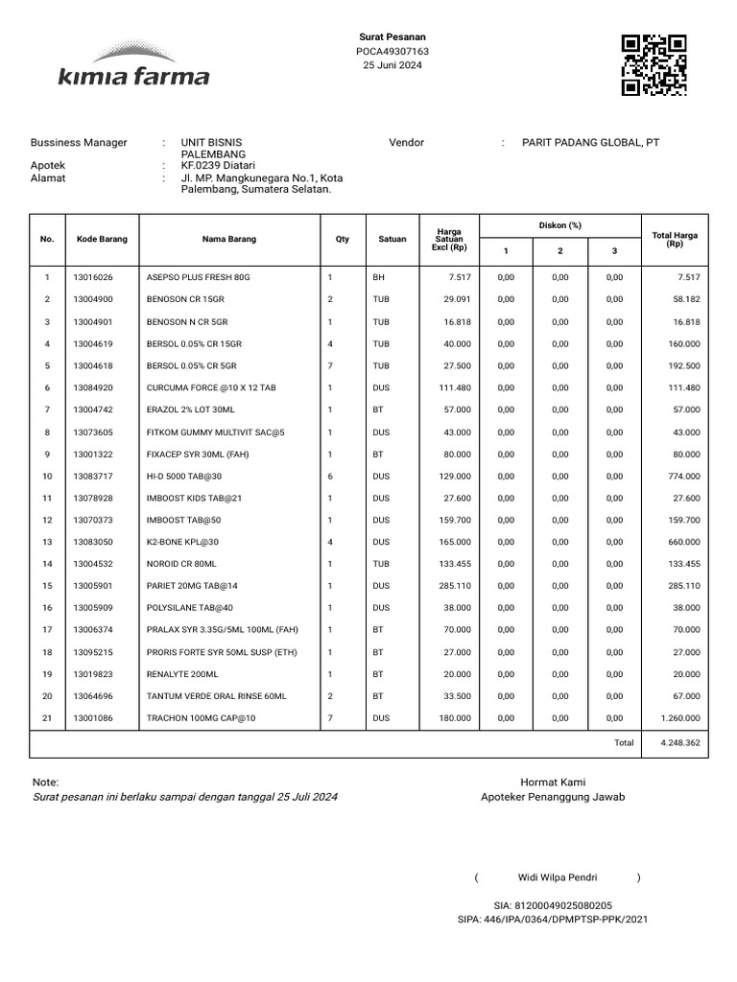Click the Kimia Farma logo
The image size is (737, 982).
(x=133, y=65)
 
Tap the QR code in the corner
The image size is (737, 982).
(x=654, y=65)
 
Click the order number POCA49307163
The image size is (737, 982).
(x=392, y=51)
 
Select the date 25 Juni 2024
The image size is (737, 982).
(x=392, y=65)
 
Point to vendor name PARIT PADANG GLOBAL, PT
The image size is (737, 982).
(x=590, y=143)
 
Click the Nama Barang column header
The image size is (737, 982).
(x=228, y=240)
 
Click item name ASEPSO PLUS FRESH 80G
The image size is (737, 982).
(x=198, y=277)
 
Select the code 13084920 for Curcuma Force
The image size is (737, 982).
(x=93, y=387)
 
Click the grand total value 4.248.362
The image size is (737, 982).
(x=680, y=743)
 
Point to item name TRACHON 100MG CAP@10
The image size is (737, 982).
(x=202, y=718)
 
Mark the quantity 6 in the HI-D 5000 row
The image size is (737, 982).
(x=330, y=477)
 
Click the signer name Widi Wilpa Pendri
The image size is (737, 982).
(x=558, y=877)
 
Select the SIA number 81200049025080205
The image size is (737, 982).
(x=553, y=905)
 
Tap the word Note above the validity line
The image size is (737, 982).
(x=45, y=783)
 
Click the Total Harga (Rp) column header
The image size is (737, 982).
(x=675, y=239)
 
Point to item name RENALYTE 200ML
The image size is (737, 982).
(x=183, y=674)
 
